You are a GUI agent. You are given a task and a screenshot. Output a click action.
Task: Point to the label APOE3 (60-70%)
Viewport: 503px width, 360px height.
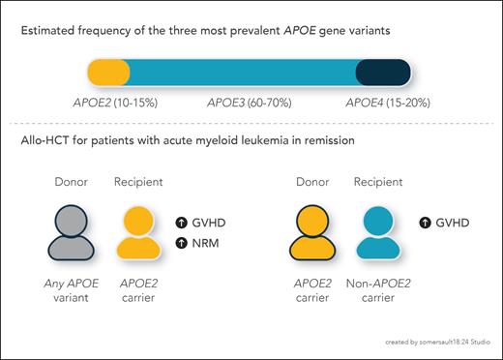pos(246,101)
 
